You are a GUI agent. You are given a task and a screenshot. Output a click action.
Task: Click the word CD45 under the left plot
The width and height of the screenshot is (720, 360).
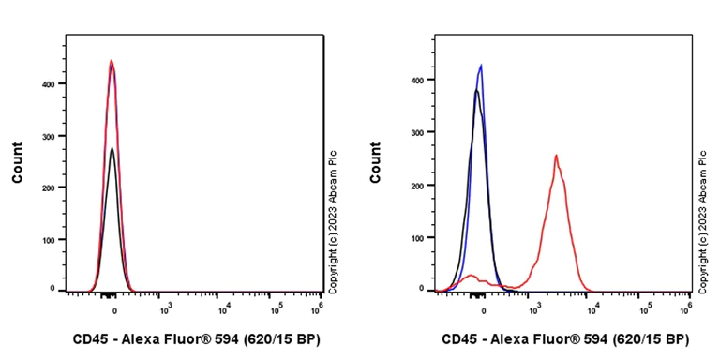pyautogui.click(x=89, y=338)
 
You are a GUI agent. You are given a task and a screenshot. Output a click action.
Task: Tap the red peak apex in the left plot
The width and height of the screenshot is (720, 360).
pyautogui.click(x=112, y=61)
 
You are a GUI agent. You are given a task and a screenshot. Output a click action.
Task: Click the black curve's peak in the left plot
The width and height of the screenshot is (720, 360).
pyautogui.click(x=112, y=147)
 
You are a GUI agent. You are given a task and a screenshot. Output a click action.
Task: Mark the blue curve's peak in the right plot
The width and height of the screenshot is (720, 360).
pyautogui.click(x=481, y=66)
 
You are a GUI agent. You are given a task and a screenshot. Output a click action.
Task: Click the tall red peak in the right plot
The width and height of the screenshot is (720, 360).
pyautogui.click(x=556, y=156)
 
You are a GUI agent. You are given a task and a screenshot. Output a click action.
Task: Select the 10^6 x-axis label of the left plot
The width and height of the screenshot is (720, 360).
pyautogui.click(x=320, y=305)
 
